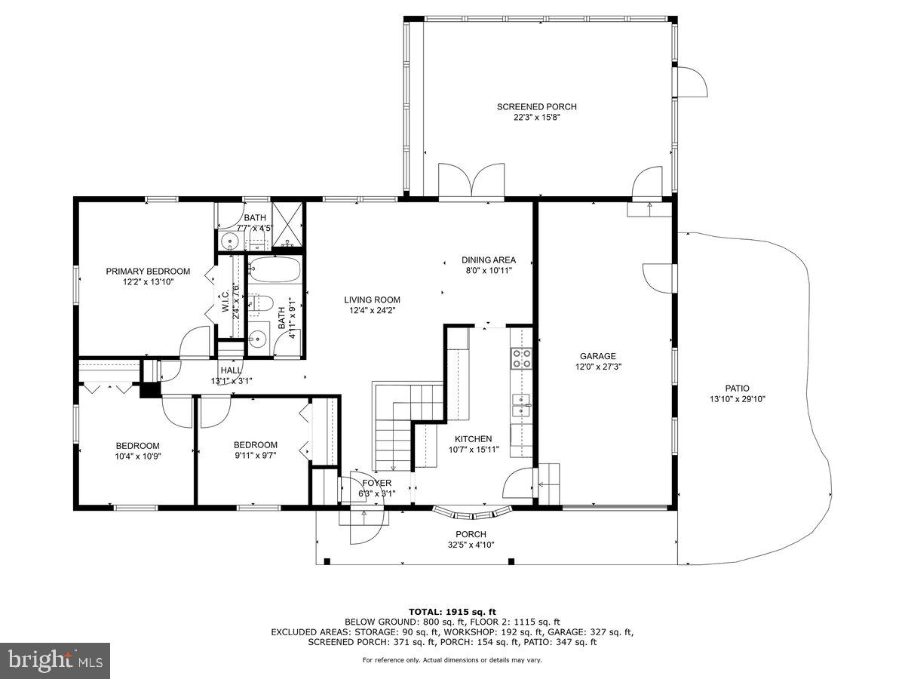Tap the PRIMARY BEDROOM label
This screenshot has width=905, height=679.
[148, 272]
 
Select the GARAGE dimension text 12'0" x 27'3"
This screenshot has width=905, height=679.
[598, 367]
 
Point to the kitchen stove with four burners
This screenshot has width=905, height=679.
[522, 358]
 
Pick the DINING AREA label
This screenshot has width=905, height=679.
[489, 260]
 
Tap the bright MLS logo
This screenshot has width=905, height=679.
[55, 661]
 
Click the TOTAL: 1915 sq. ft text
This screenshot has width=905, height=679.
[452, 612]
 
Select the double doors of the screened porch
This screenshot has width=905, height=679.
[471, 181]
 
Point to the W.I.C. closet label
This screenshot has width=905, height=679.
[225, 299]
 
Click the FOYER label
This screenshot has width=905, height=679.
[376, 484]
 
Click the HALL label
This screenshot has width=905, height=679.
[231, 370]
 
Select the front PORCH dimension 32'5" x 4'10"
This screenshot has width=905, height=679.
[471, 544]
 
